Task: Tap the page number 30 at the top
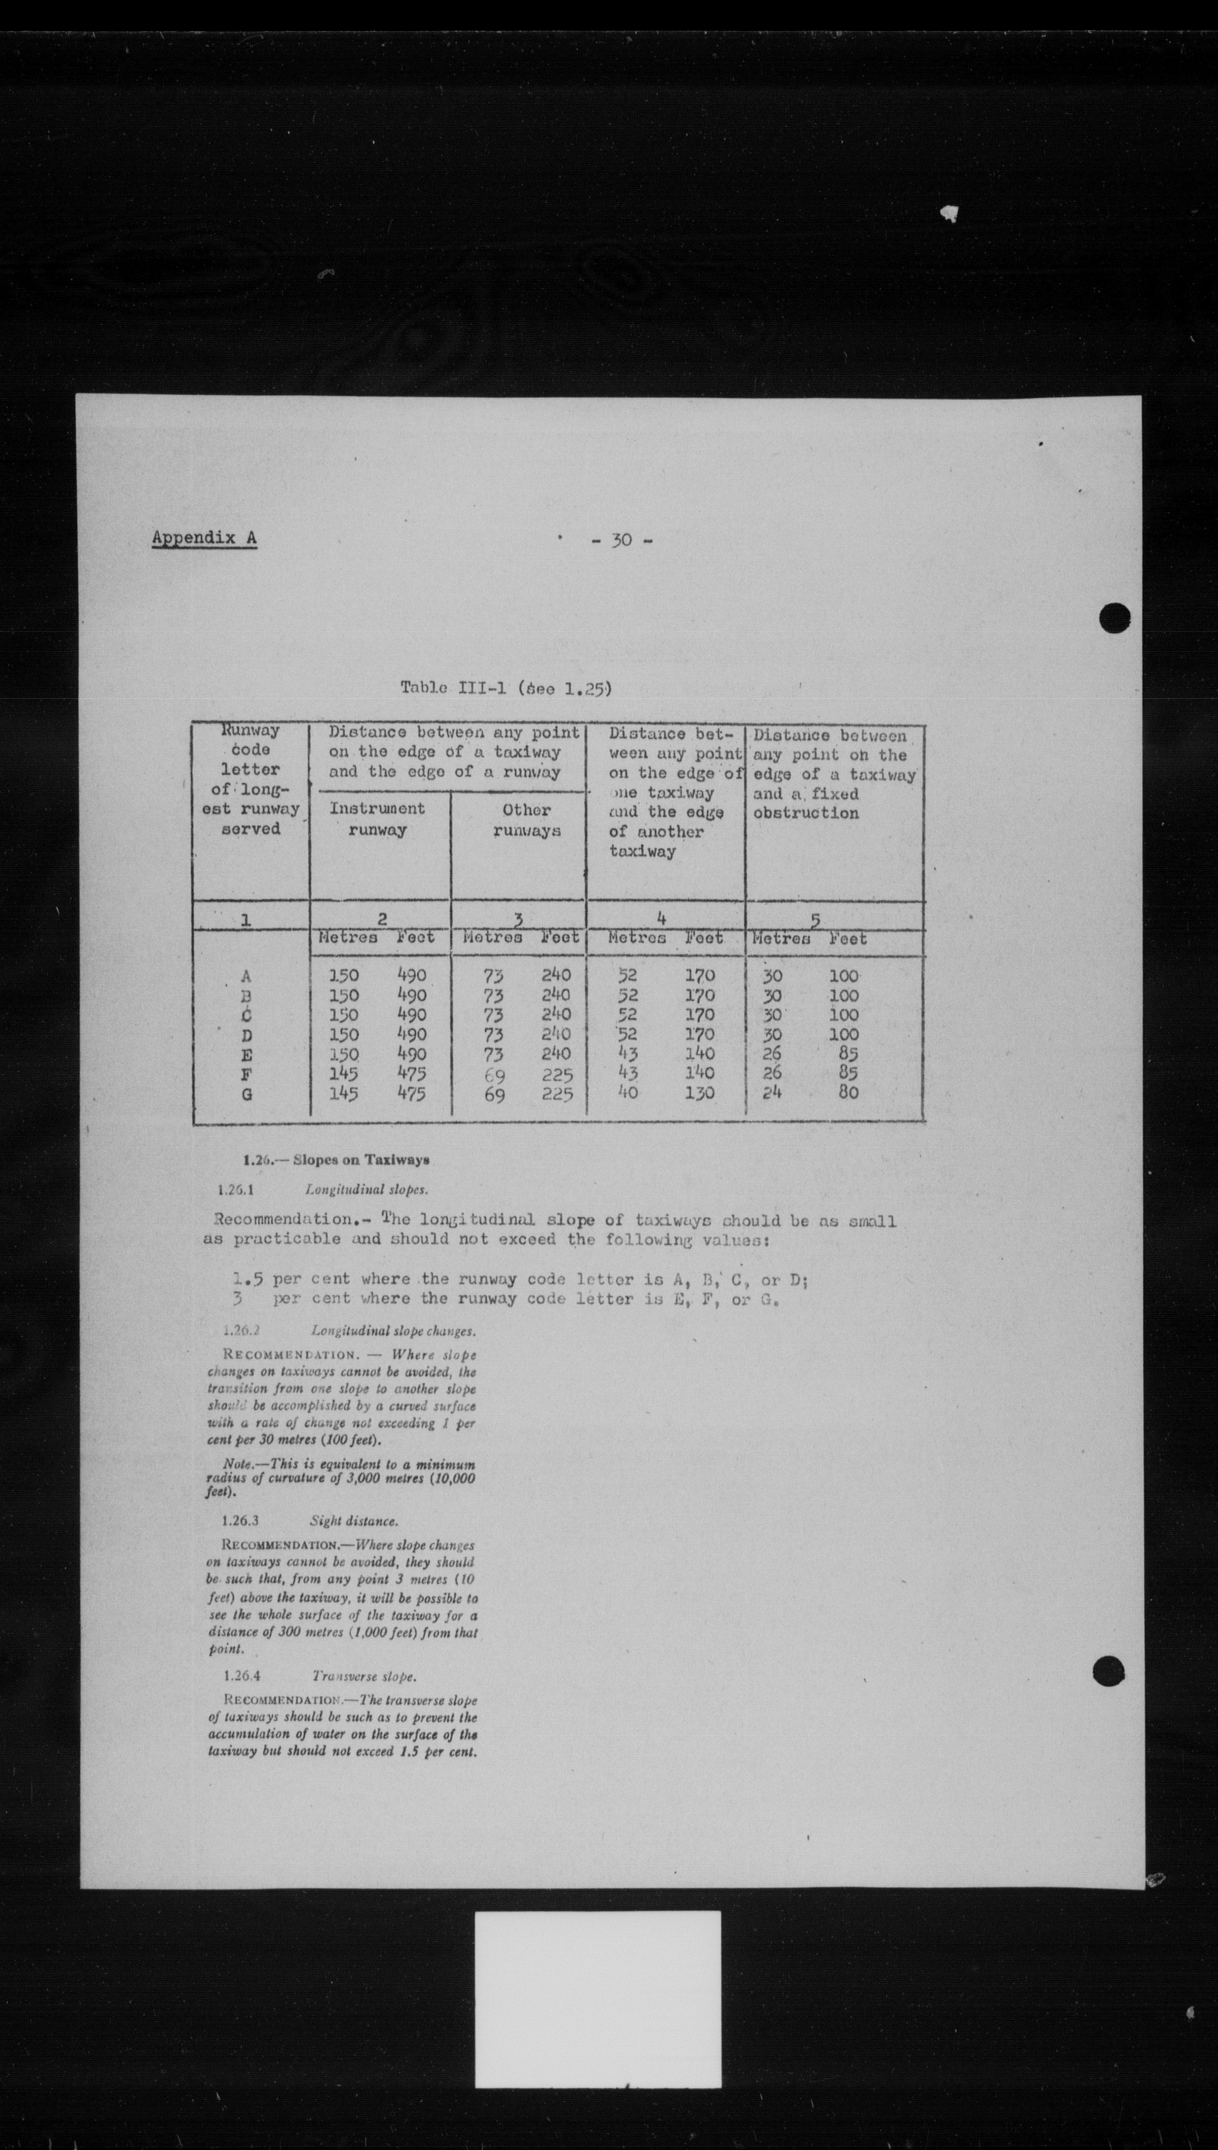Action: click(622, 541)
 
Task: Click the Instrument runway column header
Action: click(377, 819)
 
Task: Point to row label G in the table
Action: click(247, 1093)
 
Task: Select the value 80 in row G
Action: click(848, 1092)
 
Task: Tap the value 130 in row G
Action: click(699, 1092)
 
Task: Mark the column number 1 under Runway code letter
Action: click(245, 920)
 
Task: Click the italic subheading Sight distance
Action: click(354, 1521)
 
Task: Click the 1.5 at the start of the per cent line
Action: click(249, 1279)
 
